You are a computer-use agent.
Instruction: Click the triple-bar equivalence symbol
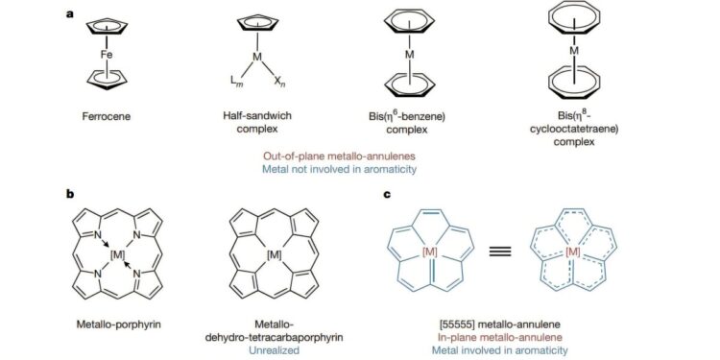499,253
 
